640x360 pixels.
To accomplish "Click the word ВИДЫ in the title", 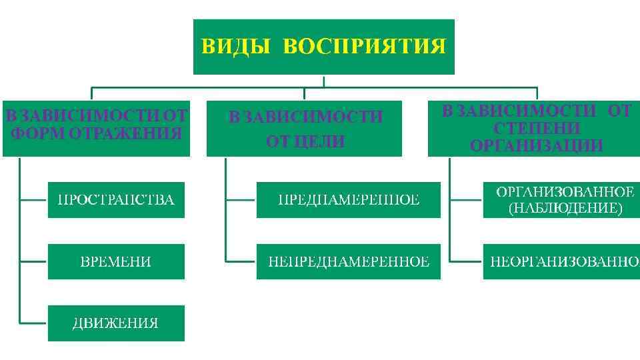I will [x=237, y=47].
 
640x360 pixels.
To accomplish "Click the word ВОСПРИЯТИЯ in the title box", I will [x=364, y=47].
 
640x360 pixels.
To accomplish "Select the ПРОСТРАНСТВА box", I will [x=116, y=199].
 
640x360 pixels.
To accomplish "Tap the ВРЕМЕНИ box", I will [x=116, y=261].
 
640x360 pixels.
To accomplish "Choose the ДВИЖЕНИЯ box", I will [x=116, y=323].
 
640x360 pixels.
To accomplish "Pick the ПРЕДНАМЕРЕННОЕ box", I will [x=349, y=199].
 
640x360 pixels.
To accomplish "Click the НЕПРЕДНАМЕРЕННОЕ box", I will [x=349, y=261].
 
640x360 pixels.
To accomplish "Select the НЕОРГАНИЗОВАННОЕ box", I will [x=561, y=261].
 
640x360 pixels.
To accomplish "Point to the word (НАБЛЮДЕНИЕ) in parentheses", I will [x=565, y=209].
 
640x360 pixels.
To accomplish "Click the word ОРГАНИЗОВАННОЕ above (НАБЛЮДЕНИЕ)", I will [x=565, y=192].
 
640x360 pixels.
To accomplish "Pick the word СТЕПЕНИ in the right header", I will [x=537, y=128].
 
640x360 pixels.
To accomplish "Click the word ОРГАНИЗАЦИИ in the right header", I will [x=537, y=145].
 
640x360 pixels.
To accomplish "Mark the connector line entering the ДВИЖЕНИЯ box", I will [x=33, y=323].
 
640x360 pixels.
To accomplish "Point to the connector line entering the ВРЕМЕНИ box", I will [x=33, y=261].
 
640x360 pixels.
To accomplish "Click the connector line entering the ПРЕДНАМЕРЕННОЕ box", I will [x=241, y=199].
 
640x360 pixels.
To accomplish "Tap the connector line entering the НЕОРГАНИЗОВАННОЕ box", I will [x=466, y=261].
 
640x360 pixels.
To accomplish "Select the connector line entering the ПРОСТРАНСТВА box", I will [x=33, y=199].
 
